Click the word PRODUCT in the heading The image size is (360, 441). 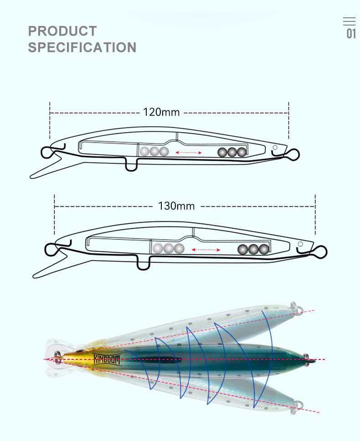coord(62,31)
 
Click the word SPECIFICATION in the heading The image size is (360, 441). coord(82,47)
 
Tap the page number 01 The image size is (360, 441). coord(351,34)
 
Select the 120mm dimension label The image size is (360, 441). coord(161,112)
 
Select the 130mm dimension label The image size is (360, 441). coord(176,206)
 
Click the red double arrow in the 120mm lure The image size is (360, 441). coord(189,153)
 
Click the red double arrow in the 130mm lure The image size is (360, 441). coord(206,250)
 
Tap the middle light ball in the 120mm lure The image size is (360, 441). coord(154,152)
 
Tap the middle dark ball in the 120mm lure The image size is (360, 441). coord(232,153)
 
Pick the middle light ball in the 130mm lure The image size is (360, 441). coord(169,249)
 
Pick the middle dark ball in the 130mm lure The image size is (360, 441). coord(253,250)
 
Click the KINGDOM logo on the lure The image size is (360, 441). coord(107,359)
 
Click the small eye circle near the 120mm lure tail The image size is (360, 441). coord(275,147)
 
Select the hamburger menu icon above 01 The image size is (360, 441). coord(349,21)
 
